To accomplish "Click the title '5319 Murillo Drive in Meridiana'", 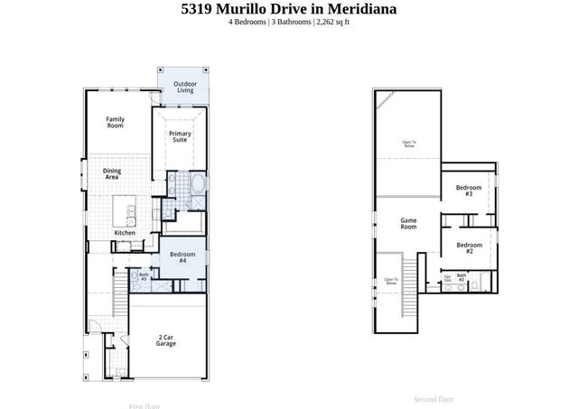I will [x=288, y=9].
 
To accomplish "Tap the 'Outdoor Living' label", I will [x=184, y=87].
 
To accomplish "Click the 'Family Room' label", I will [x=115, y=122].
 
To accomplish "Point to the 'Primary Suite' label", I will [x=180, y=136].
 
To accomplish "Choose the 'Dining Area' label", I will [x=112, y=173].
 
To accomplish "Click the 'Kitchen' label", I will [x=125, y=233].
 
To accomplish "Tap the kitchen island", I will [x=125, y=213].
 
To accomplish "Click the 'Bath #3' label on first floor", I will [x=143, y=277].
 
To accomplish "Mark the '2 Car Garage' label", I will [x=166, y=339].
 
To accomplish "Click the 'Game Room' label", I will [x=408, y=223].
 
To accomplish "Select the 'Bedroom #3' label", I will [x=468, y=191].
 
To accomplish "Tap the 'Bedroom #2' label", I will [x=468, y=248].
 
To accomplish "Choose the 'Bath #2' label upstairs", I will [x=461, y=277].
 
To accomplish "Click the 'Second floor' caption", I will [x=433, y=398].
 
